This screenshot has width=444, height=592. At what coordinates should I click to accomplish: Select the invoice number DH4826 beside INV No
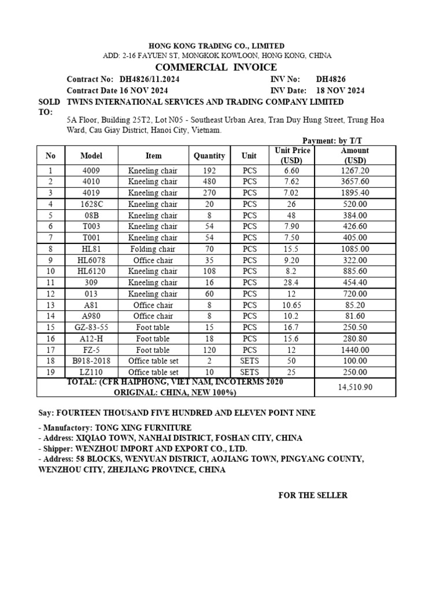[331, 79]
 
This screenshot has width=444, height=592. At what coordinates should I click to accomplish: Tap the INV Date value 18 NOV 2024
[340, 91]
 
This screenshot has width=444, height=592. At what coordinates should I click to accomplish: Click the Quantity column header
[209, 156]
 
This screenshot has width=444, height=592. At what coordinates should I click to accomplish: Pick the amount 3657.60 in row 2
[355, 182]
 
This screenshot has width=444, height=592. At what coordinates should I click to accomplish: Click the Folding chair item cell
[153, 249]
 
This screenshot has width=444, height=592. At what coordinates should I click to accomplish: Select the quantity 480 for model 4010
[209, 182]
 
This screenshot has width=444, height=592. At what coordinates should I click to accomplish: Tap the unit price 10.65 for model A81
[293, 305]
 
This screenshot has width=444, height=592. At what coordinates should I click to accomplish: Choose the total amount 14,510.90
[355, 387]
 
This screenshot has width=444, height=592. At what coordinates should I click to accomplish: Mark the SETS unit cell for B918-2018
[249, 361]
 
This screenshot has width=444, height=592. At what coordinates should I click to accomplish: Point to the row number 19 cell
[50, 372]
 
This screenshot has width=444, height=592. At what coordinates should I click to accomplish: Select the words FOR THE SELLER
[313, 495]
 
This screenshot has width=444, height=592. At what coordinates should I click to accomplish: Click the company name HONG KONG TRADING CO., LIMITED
[217, 46]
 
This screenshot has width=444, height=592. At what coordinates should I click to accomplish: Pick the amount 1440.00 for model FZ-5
[355, 350]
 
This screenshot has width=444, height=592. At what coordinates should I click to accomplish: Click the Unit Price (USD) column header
[293, 156]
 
